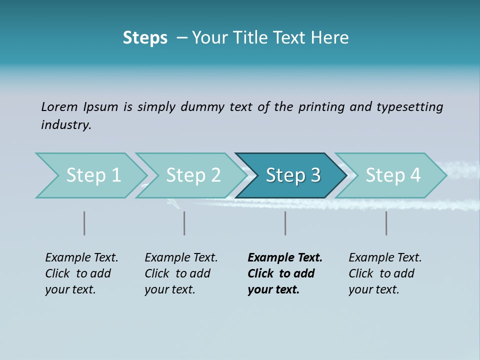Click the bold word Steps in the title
coord(145,38)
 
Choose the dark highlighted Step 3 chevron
coord(293,175)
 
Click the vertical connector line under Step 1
coord(84,223)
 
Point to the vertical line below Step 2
coord(184,223)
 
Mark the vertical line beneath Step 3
coord(285,223)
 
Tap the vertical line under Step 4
coord(386,223)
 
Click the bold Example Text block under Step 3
coord(285,273)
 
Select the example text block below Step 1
coord(81,273)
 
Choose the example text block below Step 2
coord(181,273)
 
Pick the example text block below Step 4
coord(385,273)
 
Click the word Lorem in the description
coord(59,107)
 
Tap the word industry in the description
coord(65,125)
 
